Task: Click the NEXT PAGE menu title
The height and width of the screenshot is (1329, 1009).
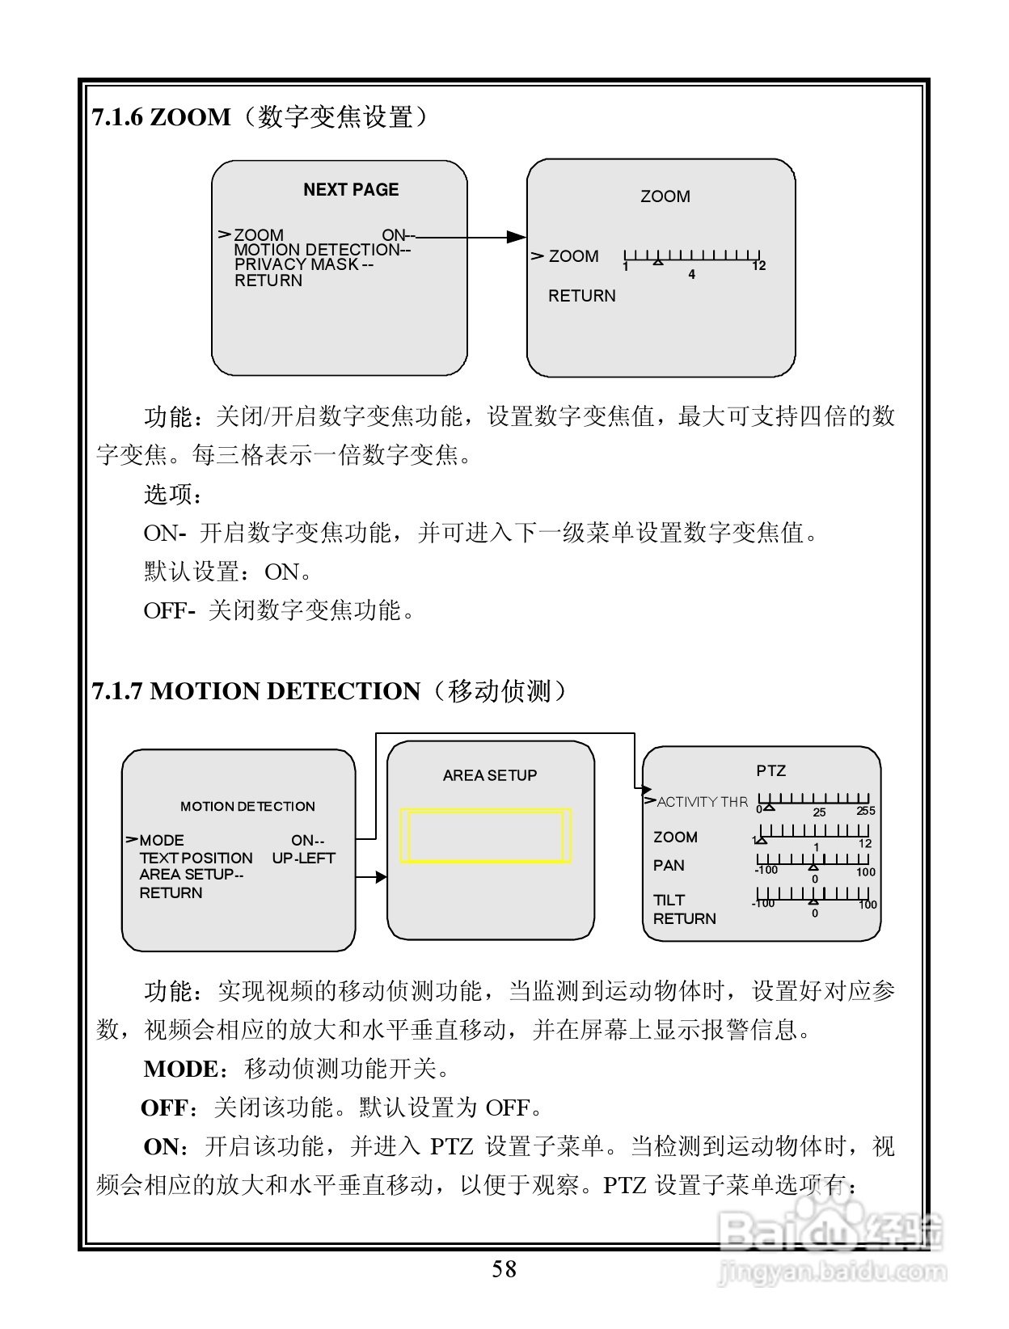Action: pos(351,190)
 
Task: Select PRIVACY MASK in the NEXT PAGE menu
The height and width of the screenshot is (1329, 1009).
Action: pos(296,264)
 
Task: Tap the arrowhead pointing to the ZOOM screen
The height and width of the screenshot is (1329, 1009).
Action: pos(516,237)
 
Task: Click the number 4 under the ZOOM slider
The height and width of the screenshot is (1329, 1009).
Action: pos(691,275)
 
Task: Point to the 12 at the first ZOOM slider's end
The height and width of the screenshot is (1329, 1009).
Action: pos(758,266)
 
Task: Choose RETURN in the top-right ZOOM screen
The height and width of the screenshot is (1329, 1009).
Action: pos(581,296)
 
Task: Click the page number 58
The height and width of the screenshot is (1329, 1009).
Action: pos(504,1269)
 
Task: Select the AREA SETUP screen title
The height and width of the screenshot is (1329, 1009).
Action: pos(490,775)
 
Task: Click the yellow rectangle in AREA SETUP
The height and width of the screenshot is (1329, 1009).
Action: pos(486,836)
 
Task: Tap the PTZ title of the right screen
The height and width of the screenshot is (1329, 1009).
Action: pos(770,770)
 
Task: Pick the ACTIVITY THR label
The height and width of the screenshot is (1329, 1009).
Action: pos(702,802)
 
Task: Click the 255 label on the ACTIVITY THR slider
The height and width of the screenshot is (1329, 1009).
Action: pos(865,811)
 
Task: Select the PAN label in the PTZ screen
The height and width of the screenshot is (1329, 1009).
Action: pos(669,866)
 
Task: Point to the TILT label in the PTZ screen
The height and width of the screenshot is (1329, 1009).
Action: pos(669,900)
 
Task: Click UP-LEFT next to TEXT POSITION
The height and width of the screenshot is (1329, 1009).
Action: pos(303,858)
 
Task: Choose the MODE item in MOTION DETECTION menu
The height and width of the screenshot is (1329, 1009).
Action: pos(162,841)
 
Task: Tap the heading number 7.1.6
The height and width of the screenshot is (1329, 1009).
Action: pos(118,118)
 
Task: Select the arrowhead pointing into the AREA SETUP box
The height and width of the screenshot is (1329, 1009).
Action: pos(382,877)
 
